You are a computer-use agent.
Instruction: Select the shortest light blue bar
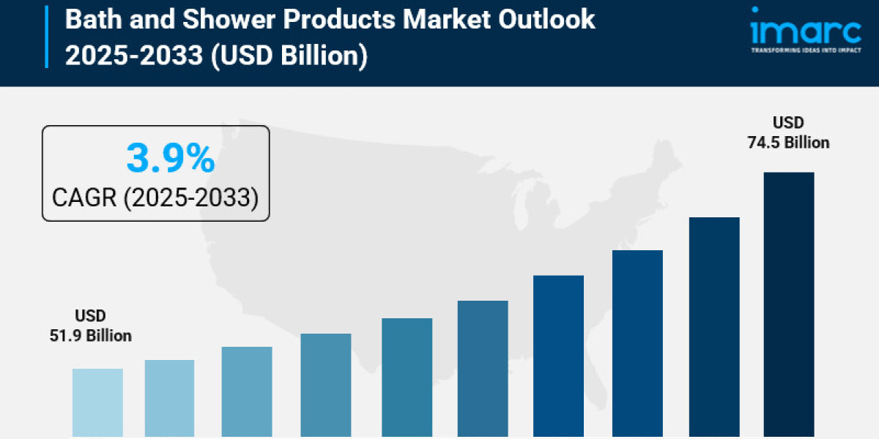(97, 402)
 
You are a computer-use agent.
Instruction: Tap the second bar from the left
(169, 399)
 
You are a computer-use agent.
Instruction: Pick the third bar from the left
(247, 392)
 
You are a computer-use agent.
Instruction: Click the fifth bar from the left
(407, 378)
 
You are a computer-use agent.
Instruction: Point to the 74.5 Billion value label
(788, 143)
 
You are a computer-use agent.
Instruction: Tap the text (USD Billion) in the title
(289, 55)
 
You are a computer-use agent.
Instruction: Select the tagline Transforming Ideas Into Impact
(805, 50)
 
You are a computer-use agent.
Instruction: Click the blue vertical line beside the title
(47, 37)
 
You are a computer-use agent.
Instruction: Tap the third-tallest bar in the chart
(637, 343)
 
